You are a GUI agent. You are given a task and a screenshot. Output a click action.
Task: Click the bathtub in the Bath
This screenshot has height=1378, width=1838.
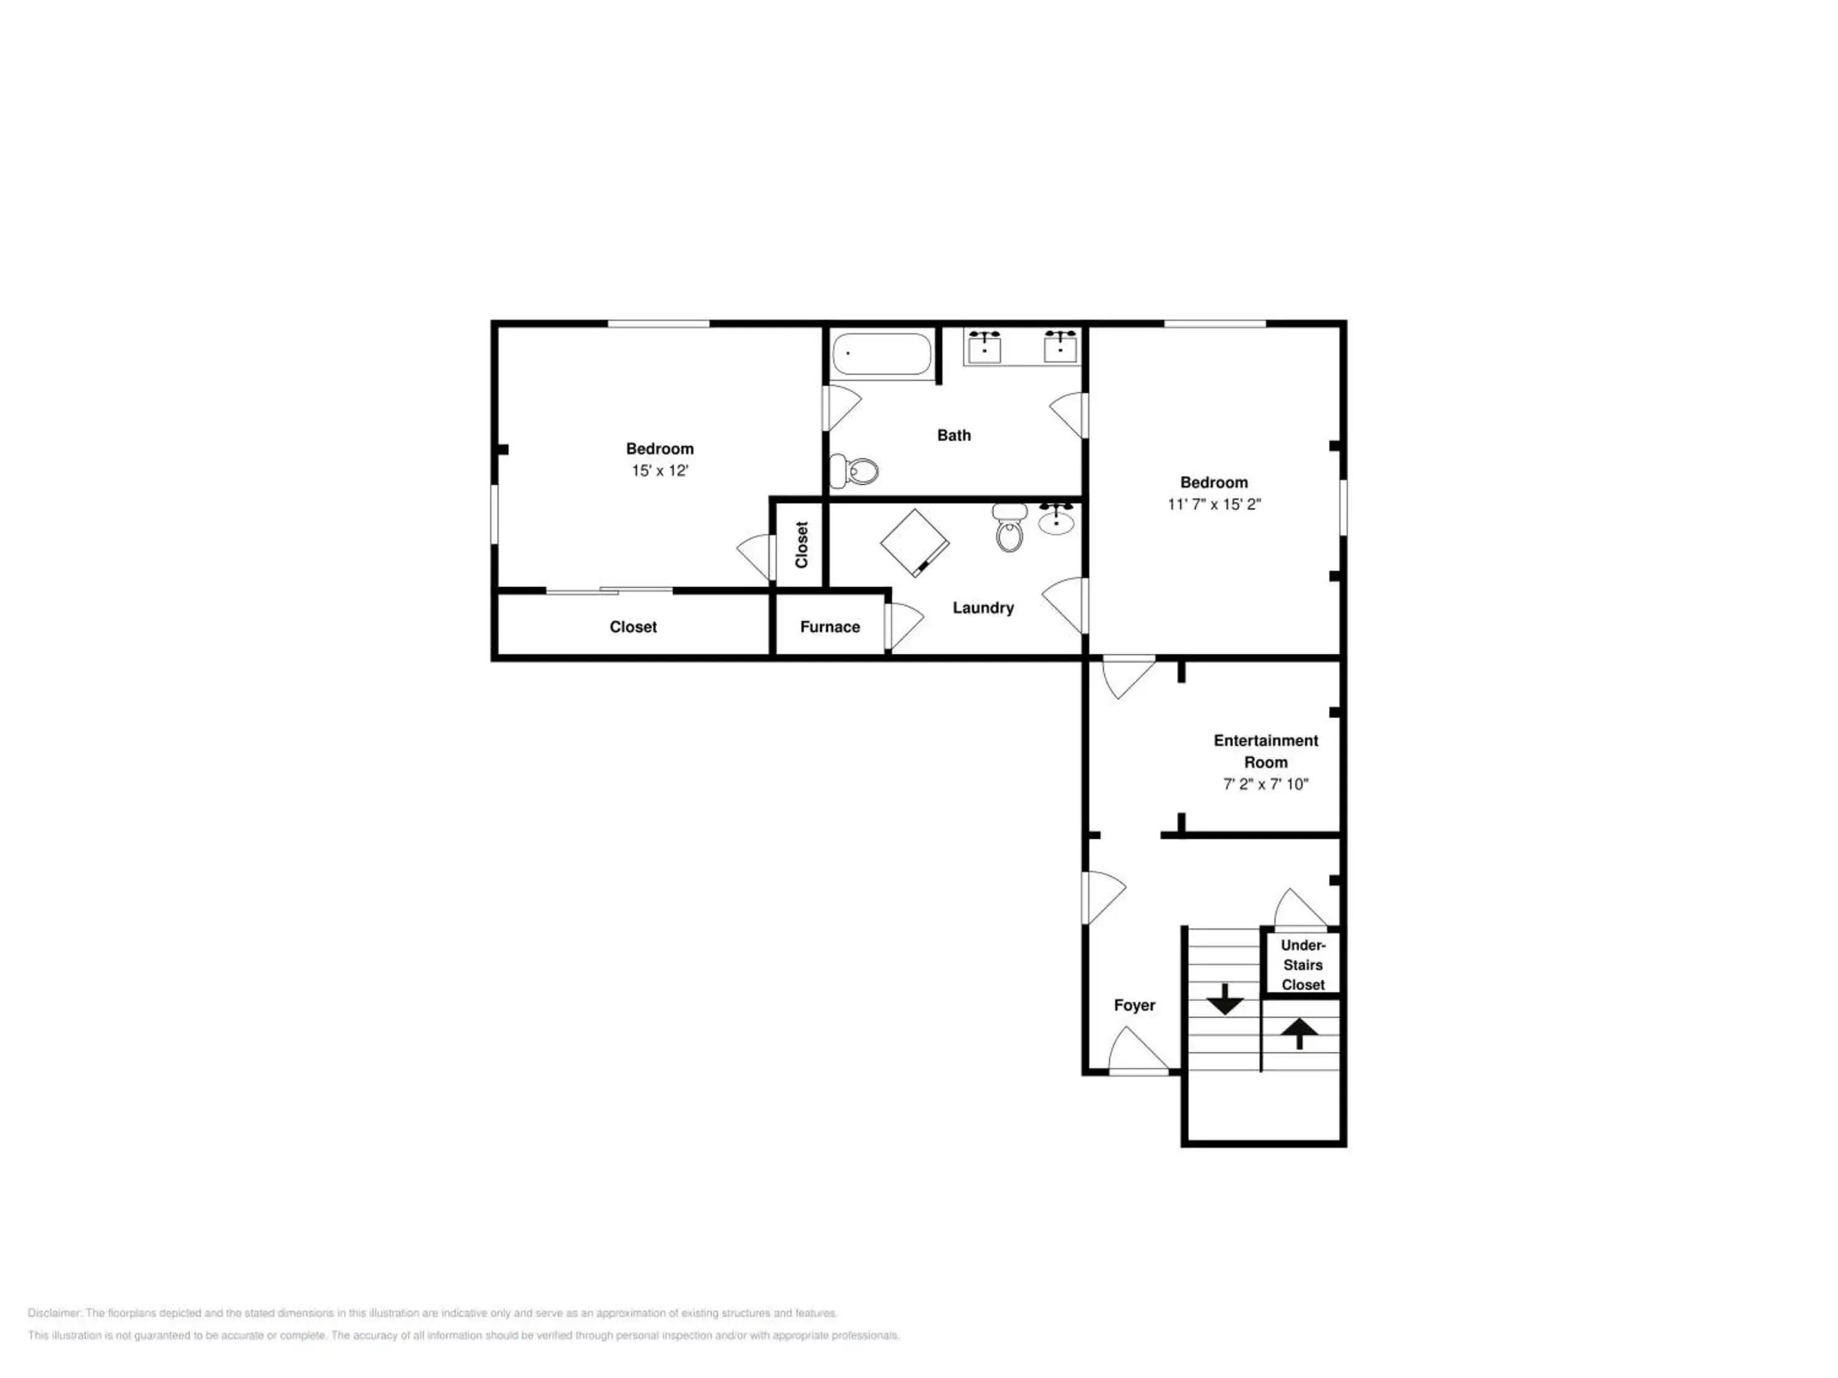point(882,355)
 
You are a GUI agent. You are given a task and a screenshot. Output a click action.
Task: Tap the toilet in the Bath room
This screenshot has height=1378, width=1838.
point(854,471)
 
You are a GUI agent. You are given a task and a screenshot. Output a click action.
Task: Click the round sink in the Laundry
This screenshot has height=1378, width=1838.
point(1056,519)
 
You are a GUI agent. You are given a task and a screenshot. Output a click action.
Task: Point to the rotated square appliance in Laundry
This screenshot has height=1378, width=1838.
point(915,543)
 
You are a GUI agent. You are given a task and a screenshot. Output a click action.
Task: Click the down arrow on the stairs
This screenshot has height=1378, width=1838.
point(1225,1000)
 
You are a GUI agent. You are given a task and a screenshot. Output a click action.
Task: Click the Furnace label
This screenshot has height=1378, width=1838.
point(830,627)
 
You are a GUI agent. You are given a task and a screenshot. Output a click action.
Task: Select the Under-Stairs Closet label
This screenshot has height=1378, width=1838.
point(1303,965)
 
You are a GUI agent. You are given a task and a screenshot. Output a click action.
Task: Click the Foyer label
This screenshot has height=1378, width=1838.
point(1134,1005)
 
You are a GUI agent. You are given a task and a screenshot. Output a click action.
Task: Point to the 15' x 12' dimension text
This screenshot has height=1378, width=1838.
point(660,471)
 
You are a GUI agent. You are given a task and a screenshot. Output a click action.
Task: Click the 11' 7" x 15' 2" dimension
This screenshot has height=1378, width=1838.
point(1214,504)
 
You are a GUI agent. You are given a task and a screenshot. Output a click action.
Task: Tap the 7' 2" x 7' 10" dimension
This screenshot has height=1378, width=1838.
point(1266,784)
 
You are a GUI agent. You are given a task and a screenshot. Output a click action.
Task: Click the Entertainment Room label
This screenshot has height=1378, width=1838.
point(1266,751)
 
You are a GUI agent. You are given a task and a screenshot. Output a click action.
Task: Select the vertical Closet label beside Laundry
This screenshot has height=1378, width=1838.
point(802,545)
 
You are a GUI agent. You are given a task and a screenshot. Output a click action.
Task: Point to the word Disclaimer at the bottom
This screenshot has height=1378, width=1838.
point(55,1313)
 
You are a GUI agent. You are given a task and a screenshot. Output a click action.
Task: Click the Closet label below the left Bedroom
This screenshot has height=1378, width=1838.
point(633,627)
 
